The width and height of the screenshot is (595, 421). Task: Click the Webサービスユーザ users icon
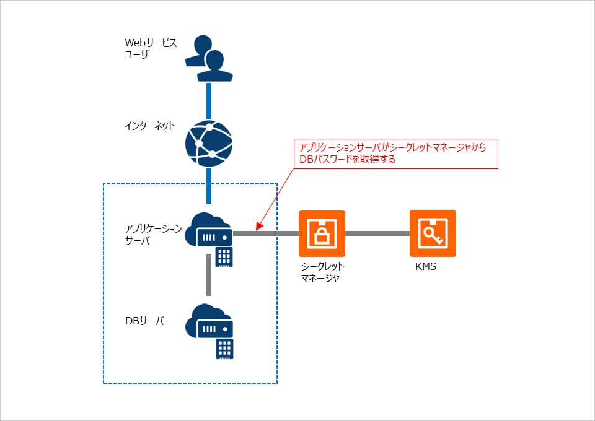[x=209, y=59]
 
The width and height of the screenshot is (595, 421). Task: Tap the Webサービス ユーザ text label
[x=151, y=48]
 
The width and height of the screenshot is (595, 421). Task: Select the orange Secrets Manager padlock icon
[x=322, y=233]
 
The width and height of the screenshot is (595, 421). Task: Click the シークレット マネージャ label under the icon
[x=322, y=272]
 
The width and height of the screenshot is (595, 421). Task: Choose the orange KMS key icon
[x=433, y=233]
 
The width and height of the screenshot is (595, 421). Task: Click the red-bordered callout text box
[x=396, y=154]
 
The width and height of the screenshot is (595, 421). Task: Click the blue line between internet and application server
[x=209, y=186]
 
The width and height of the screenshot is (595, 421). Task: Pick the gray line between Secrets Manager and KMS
[x=377, y=233]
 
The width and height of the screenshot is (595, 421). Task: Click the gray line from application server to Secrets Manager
[x=267, y=233]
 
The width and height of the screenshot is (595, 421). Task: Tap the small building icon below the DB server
[x=224, y=349]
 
